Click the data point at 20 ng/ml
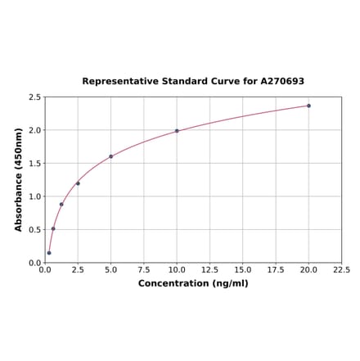pos(308,106)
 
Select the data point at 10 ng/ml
pos(177,131)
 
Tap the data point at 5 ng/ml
pos(110,156)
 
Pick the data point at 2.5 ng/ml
pos(78,183)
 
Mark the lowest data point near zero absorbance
pos(49,253)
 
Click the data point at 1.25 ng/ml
pos(61,205)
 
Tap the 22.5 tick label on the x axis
pos(341,269)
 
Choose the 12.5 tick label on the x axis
pos(209,269)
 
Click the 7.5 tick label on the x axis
pos(144,269)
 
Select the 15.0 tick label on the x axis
pos(243,269)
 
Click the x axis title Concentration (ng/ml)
pos(193,283)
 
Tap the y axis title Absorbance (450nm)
pos(19,179)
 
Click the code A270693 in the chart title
pos(282,81)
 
